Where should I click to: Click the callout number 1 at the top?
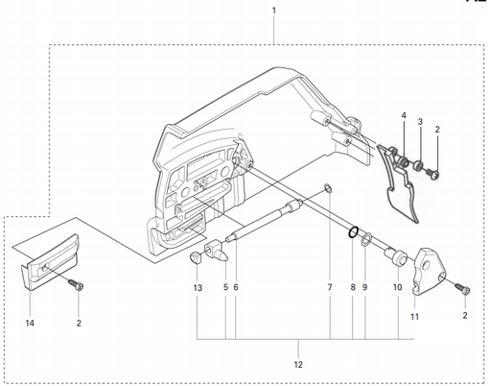click(274, 11)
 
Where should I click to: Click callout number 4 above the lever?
click(404, 116)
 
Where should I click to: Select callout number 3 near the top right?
click(420, 122)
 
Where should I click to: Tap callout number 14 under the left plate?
click(30, 324)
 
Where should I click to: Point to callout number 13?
click(198, 287)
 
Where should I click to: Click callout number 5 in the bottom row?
click(225, 287)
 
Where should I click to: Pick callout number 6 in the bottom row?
click(236, 287)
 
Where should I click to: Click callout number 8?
click(353, 287)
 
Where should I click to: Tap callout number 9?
click(365, 287)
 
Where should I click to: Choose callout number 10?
click(397, 287)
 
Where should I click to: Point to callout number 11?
click(415, 316)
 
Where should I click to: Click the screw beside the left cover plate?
click(77, 284)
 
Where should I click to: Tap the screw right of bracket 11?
click(464, 289)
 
